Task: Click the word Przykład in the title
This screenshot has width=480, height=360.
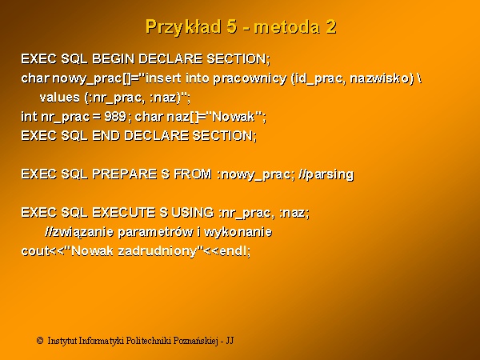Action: coord(183,27)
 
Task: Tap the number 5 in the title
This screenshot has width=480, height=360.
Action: coord(232,26)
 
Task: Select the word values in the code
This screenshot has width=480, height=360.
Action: coord(60,98)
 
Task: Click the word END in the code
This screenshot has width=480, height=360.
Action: coord(106,136)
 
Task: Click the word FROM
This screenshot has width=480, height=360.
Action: coord(193,174)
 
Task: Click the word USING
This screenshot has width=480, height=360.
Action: coord(193,213)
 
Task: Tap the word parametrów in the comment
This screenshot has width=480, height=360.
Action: coord(155,232)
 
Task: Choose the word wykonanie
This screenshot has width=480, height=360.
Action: coord(238,232)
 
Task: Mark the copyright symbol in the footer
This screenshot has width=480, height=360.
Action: coord(40,341)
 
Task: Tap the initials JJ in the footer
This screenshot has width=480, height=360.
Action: coord(230,341)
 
